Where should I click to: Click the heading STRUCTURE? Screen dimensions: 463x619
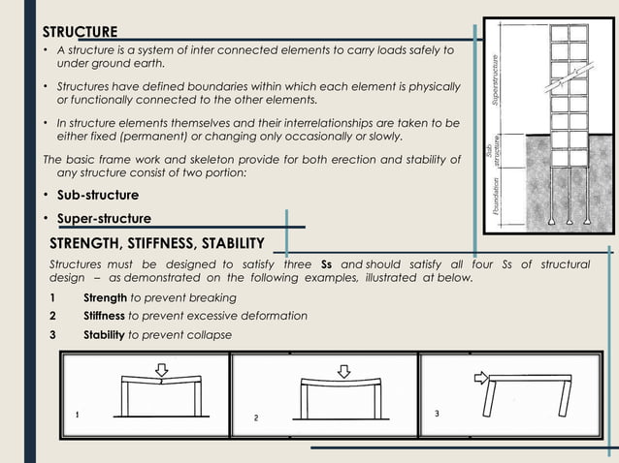pos(85,32)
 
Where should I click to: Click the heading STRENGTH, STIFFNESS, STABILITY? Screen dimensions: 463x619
pos(155,241)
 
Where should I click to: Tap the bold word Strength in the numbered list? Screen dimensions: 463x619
pos(104,297)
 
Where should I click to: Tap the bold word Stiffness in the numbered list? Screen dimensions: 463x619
pos(104,316)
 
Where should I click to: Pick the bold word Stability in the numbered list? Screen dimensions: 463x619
pos(104,334)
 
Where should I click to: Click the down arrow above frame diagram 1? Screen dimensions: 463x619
pos(162,369)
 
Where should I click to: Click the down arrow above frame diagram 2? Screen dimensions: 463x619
pos(342,370)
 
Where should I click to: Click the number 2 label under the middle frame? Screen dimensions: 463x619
pos(255,417)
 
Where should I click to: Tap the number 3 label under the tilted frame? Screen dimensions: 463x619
pos(437,414)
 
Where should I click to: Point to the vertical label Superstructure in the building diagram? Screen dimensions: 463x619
pos(495,78)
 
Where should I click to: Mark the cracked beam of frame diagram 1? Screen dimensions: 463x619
pos(161,381)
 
